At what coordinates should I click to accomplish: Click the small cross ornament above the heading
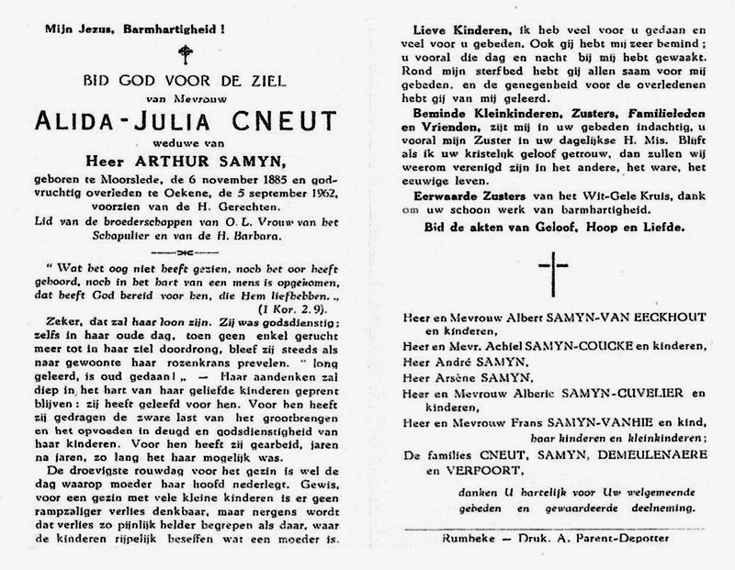[189, 53]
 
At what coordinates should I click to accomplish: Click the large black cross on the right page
[548, 276]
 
